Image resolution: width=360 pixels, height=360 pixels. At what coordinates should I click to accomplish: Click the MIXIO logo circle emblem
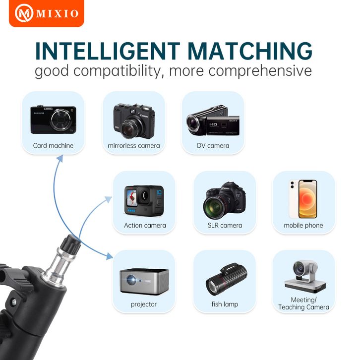point(24,13)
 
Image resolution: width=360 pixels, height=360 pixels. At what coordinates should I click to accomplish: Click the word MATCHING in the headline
point(250,51)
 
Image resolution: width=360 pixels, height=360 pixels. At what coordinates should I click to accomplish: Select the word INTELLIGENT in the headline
point(108,51)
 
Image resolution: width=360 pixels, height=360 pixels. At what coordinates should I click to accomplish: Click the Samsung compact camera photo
point(53,120)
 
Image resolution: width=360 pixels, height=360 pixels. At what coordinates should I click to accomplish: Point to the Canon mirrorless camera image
point(134,121)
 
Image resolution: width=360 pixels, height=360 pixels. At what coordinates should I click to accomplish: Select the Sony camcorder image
point(213,120)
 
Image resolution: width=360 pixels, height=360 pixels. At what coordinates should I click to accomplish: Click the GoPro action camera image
point(144,200)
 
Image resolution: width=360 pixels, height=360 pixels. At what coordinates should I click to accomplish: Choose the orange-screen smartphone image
point(303,199)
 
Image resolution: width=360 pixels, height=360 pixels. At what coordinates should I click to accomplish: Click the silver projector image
point(144,281)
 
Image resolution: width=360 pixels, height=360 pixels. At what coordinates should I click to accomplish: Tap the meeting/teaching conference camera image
point(305,277)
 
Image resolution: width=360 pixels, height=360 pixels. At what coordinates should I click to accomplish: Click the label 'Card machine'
point(53,146)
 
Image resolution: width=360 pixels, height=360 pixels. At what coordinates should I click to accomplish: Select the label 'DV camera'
point(213,146)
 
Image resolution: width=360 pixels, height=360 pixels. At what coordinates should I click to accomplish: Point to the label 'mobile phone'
point(303,226)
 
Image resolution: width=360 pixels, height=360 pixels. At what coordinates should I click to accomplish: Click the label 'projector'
point(144,304)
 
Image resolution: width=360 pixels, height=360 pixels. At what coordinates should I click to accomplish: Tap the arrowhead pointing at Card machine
point(60,158)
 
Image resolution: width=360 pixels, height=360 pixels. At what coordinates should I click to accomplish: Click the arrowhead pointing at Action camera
point(109,199)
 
